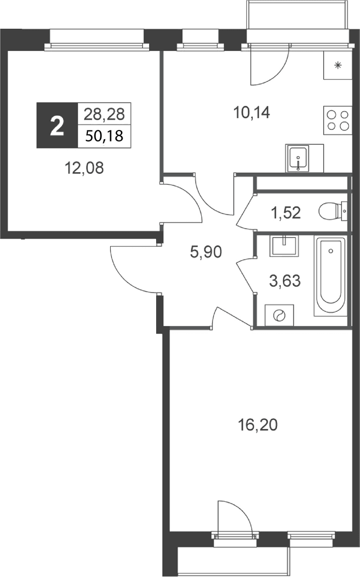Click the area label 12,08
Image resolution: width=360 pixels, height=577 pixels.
[x=84, y=168]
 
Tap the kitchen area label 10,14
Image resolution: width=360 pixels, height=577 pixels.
[x=252, y=113]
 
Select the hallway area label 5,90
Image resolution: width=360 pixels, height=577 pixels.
[x=206, y=252]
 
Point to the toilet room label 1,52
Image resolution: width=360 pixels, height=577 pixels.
[x=286, y=213]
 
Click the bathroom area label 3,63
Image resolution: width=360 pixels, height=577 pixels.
[x=285, y=281]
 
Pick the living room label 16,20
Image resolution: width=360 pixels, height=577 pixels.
[x=258, y=425]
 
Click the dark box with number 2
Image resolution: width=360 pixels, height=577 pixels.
[x=57, y=126]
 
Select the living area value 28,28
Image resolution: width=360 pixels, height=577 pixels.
[x=105, y=114]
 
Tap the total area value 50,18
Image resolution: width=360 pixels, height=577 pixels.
[x=105, y=136]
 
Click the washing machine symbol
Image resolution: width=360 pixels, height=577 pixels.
[x=279, y=315]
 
